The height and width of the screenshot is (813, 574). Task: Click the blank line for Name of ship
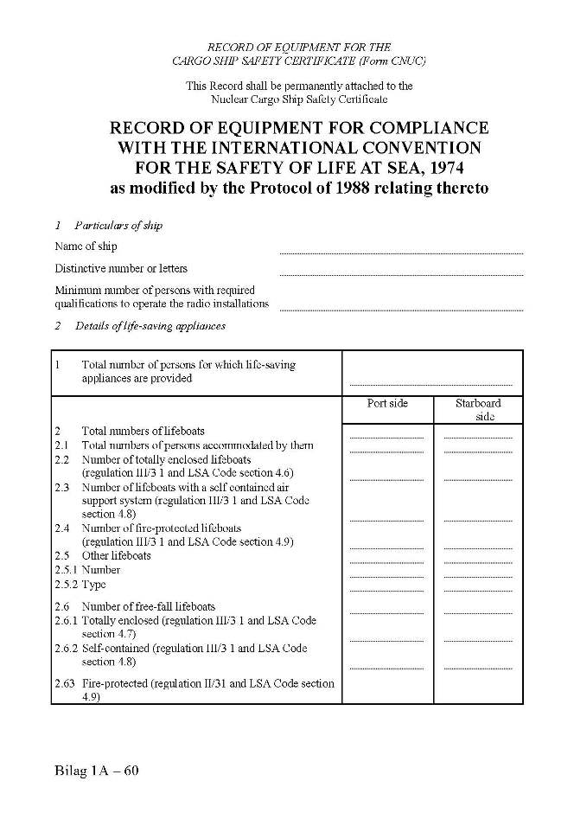[401, 252]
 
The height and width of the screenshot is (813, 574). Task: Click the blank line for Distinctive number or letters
[401, 274]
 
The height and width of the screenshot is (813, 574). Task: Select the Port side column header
[387, 404]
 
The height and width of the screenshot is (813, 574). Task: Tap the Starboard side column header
[478, 409]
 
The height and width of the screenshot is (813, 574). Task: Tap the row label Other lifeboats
[116, 555]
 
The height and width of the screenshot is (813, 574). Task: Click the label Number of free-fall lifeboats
[148, 606]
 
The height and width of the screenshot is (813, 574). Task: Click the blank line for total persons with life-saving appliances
[430, 383]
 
